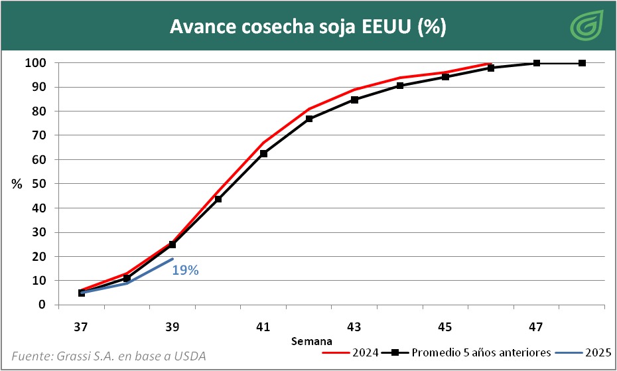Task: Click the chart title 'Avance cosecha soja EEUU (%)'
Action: click(x=308, y=27)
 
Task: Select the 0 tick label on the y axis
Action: click(x=42, y=305)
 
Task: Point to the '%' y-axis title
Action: click(x=17, y=184)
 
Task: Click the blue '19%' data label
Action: click(x=185, y=270)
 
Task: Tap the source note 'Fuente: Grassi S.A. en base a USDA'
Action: click(x=109, y=355)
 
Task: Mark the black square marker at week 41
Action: click(x=263, y=153)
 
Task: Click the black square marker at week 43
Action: click(x=354, y=100)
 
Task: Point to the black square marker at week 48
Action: click(x=582, y=63)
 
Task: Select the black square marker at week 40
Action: click(x=218, y=199)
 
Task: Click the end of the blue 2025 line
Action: click(x=172, y=259)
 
